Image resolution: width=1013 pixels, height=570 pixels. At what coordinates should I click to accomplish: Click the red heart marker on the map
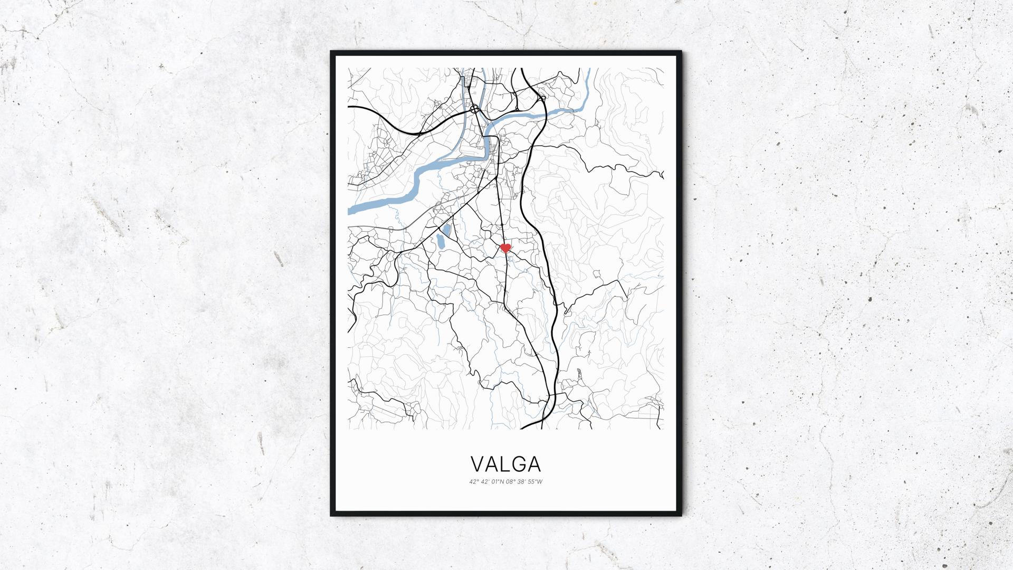click(x=505, y=248)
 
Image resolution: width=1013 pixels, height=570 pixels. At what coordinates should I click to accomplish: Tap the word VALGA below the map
click(x=505, y=464)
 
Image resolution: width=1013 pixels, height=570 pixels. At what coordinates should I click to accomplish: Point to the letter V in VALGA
click(x=477, y=464)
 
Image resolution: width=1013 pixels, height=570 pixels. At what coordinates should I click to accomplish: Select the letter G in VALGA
click(x=519, y=464)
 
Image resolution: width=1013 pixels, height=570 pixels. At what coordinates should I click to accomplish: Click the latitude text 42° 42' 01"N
click(x=486, y=481)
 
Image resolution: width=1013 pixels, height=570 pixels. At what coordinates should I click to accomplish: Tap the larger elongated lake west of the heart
click(x=439, y=244)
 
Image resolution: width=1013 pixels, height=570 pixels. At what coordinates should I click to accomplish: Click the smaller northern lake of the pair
click(x=447, y=230)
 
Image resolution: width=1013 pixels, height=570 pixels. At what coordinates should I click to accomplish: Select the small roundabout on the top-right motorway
click(x=541, y=98)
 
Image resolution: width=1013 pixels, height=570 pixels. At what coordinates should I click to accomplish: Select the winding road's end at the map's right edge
click(x=662, y=175)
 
